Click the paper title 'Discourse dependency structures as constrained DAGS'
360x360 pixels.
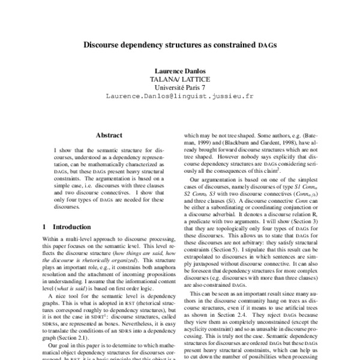pyautogui.click(x=180, y=45)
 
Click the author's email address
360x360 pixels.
pyautogui.click(x=179, y=95)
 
